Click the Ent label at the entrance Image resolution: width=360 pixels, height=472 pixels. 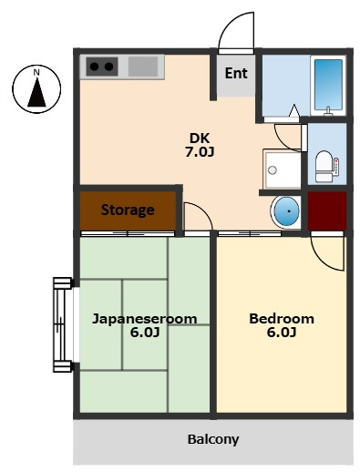pos(236,73)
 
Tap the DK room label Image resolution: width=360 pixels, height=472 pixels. pos(200,139)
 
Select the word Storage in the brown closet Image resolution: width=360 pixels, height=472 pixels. pos(128,210)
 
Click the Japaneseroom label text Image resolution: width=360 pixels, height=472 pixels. pos(145,319)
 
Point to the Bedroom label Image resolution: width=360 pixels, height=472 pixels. pos(282,319)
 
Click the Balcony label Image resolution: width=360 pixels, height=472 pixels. pos(213,439)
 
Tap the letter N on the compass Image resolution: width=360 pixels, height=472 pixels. pos(36,72)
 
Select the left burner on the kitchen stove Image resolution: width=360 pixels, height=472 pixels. pos(94,67)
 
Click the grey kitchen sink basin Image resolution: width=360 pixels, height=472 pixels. pos(143,67)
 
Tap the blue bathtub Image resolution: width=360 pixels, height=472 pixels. pos(328,85)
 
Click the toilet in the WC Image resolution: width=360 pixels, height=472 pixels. pos(324,167)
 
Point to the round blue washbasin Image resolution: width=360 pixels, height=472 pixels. pos(286,211)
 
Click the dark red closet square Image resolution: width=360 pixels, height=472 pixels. pos(327,210)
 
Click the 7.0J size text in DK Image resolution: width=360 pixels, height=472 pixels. pos(200,152)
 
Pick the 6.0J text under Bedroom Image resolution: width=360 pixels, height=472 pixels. pos(282,333)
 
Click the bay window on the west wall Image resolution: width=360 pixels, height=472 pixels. pos(63,324)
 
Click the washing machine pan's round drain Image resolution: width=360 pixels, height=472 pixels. pos(273,170)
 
